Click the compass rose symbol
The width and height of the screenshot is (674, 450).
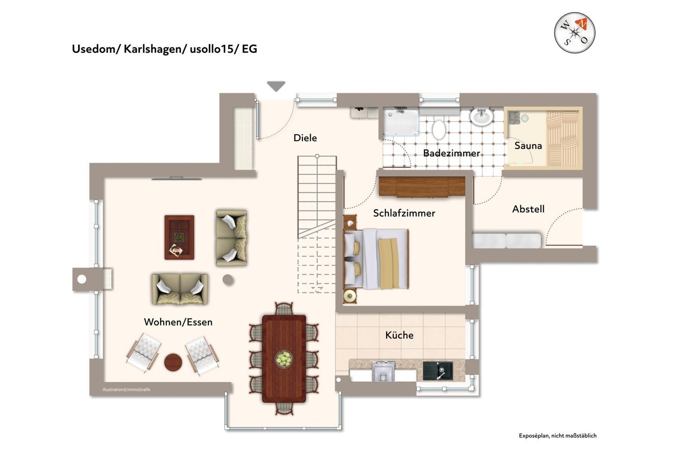tap(574, 32)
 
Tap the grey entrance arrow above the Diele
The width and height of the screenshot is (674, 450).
tap(276, 86)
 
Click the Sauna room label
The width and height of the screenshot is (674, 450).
tap(528, 146)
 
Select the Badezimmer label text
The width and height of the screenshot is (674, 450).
tap(451, 153)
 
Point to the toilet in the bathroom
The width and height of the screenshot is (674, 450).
tap(439, 129)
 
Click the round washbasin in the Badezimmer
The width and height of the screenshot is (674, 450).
tap(482, 117)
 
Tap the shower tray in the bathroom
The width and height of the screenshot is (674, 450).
tap(401, 122)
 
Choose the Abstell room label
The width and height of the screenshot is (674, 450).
tap(528, 209)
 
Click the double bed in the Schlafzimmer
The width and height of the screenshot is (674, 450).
tap(376, 259)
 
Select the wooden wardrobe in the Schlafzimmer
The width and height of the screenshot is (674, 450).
tap(422, 187)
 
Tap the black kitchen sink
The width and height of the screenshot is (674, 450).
tap(438, 371)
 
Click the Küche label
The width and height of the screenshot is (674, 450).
tap(399, 335)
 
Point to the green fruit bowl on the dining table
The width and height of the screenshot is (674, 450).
tap(284, 359)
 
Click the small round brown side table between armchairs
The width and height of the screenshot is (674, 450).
tap(173, 362)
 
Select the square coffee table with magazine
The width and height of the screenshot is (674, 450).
tap(179, 237)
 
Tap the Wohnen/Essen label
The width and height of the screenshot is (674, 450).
tap(178, 322)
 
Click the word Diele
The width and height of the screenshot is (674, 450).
tap(305, 138)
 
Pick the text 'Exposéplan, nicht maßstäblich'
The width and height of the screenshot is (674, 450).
tap(557, 435)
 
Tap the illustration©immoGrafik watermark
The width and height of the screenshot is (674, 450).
tap(126, 390)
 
